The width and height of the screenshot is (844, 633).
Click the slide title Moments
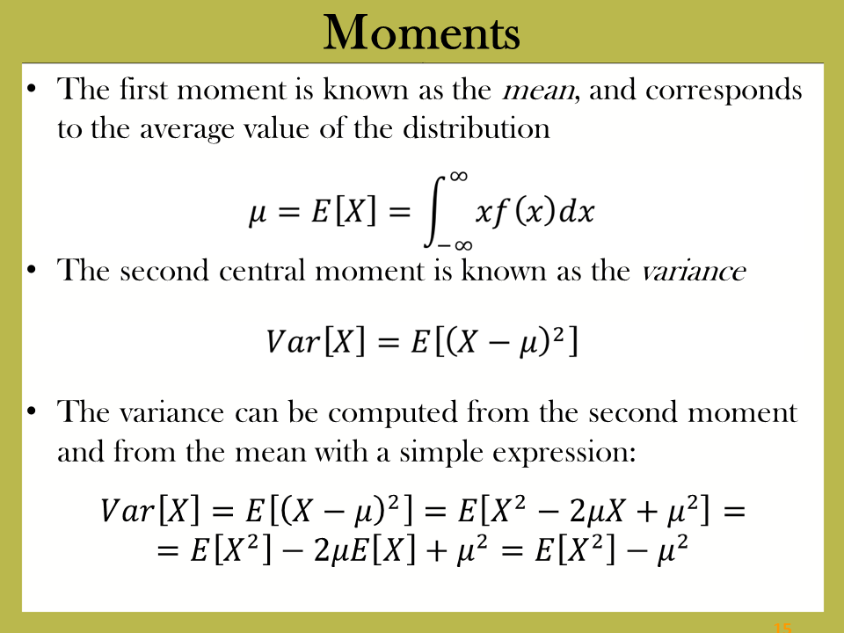421,33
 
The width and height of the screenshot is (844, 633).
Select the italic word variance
694,271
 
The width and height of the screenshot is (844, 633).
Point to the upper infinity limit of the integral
459,177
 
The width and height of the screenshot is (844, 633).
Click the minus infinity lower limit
455,245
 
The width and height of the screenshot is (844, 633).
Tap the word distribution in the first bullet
477,128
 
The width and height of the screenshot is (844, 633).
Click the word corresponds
724,91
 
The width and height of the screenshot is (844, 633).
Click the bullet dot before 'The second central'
32,269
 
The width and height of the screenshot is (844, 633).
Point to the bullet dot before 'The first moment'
32,88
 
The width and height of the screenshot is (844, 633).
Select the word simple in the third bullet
440,452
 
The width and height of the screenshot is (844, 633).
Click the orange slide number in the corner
782,628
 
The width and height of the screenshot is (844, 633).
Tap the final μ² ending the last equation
673,548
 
